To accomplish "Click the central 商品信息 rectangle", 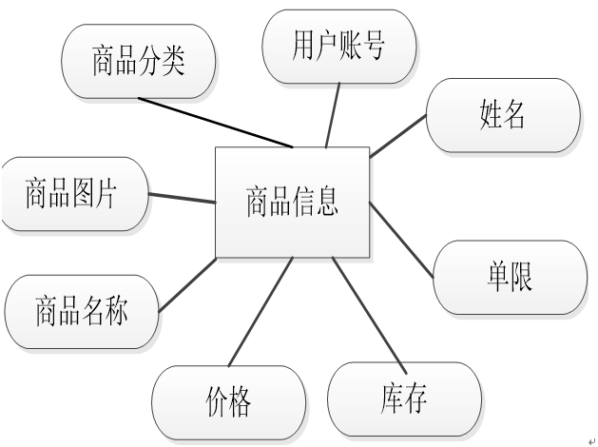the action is tap(292, 202).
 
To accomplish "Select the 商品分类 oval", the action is tap(138, 61).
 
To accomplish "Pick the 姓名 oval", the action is tap(503, 115).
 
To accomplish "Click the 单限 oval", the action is tap(510, 277).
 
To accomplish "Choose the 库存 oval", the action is tap(404, 398).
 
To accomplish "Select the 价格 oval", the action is tap(228, 402).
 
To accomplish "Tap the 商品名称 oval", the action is tap(81, 312).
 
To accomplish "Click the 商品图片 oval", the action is tap(72, 194).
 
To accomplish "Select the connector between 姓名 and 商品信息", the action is tap(398, 136).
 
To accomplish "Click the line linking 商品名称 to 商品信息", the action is tap(187, 284).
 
